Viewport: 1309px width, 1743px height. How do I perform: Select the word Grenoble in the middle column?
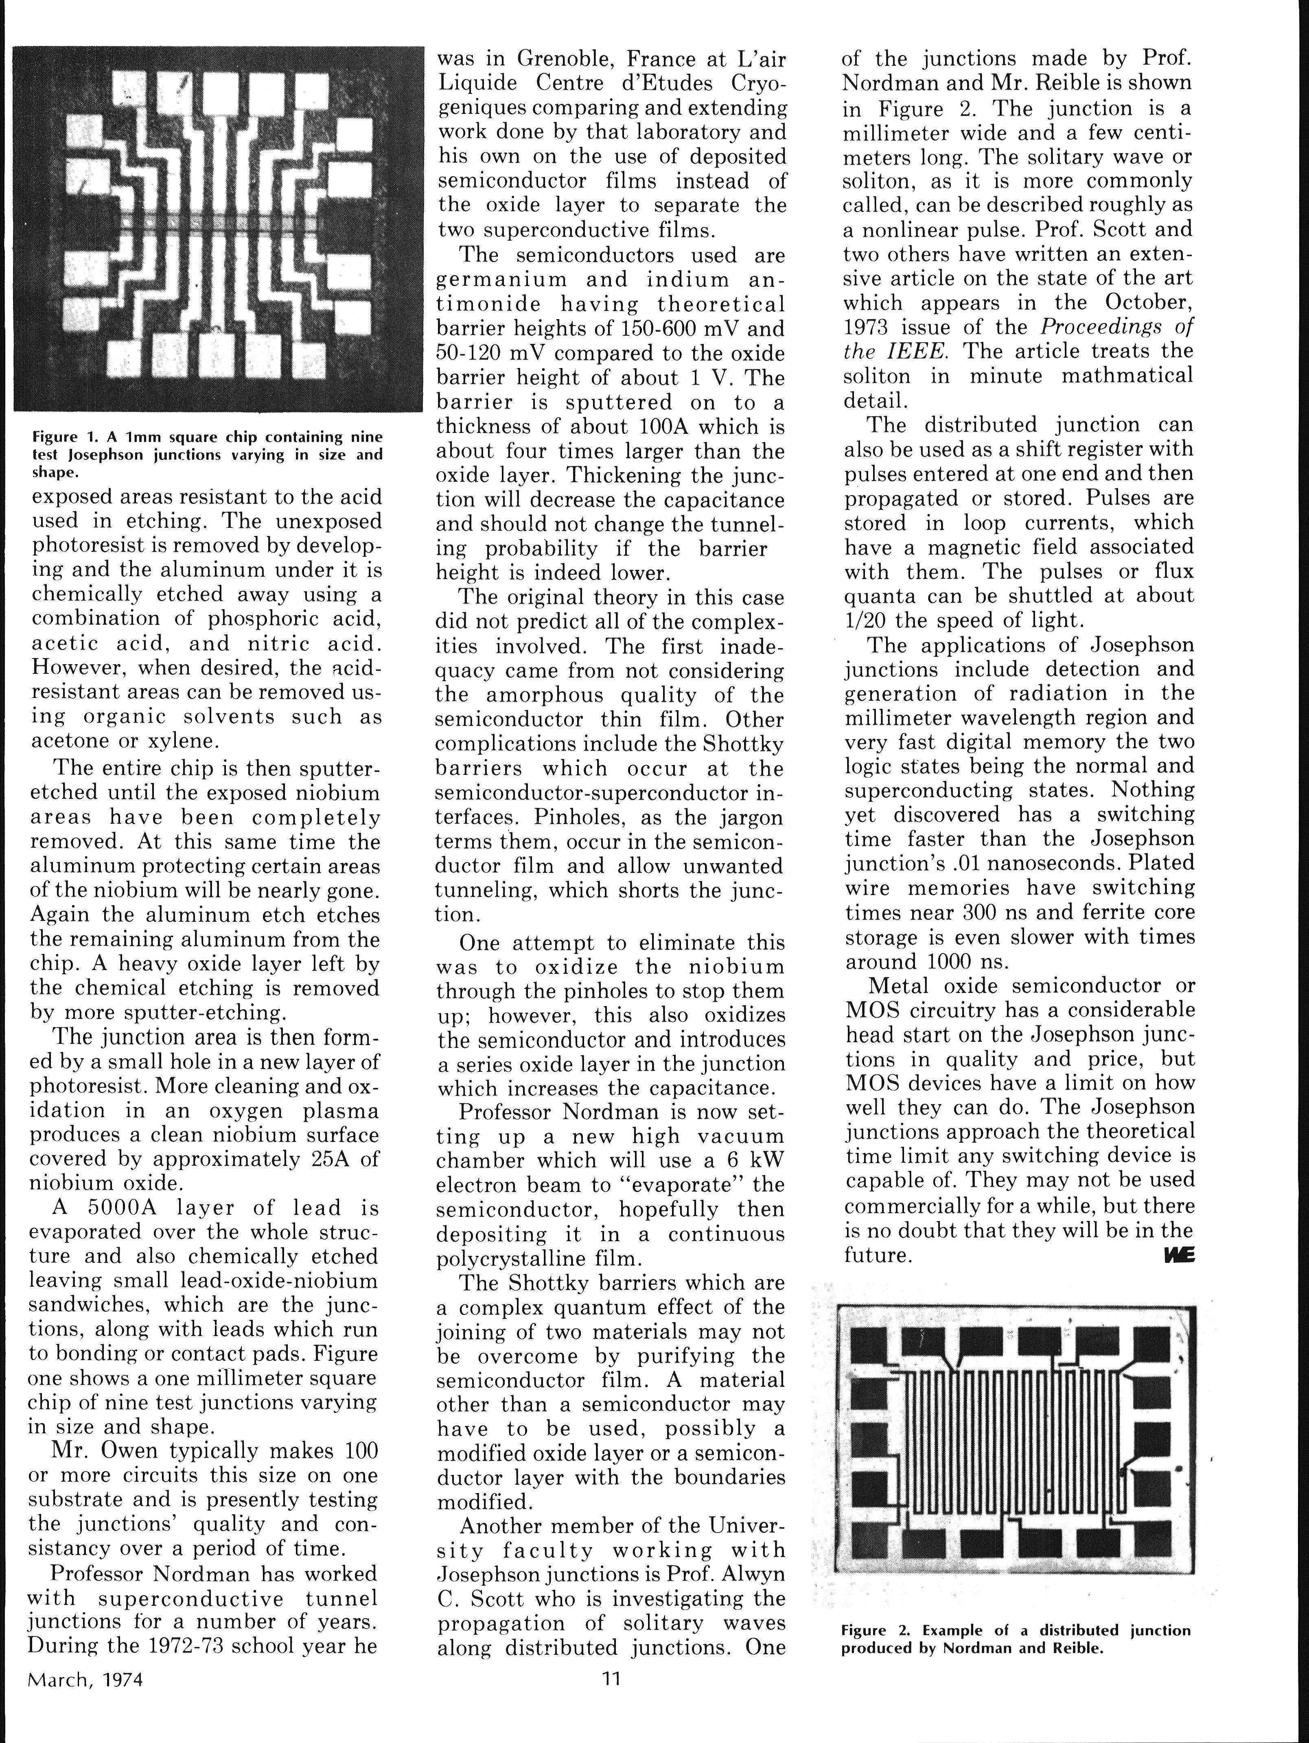566,59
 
